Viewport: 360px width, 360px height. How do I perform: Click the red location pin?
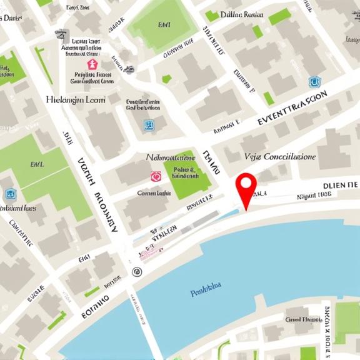[x=246, y=186]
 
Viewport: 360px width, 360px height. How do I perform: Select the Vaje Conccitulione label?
[x=280, y=156]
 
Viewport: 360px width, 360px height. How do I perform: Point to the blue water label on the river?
[x=206, y=288]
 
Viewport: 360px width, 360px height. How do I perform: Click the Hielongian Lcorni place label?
[x=76, y=99]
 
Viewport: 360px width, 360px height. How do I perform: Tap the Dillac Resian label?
[x=242, y=14]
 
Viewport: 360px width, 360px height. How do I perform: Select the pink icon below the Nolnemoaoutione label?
[x=156, y=177]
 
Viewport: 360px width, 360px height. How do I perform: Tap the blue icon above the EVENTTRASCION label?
[x=314, y=82]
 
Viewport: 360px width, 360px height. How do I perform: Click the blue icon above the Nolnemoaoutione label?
[x=149, y=126]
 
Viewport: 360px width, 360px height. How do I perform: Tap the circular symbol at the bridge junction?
[x=137, y=271]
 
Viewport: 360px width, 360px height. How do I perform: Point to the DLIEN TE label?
[x=340, y=185]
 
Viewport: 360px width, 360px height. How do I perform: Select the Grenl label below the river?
[x=302, y=319]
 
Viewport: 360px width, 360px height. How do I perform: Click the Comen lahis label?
[x=154, y=193]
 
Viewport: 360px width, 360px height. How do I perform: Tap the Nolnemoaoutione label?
[x=171, y=157]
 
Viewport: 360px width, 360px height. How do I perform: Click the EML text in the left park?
[x=37, y=164]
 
